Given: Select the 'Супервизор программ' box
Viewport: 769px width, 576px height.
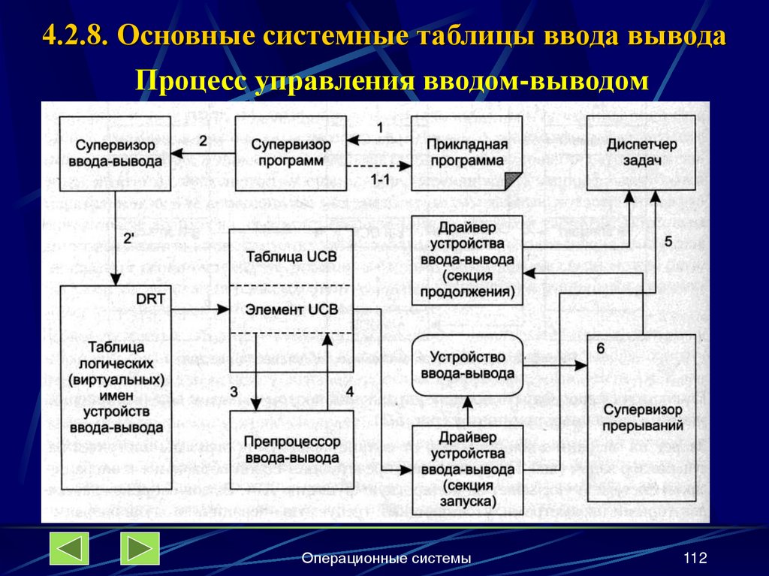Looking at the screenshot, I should (288, 152).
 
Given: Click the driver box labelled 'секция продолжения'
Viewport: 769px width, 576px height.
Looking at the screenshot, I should (467, 259).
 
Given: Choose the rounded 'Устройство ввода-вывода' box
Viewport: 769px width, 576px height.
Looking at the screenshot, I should (467, 365).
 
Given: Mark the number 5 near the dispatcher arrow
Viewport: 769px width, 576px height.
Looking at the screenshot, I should (668, 241).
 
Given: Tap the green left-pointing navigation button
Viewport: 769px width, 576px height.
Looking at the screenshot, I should (69, 548).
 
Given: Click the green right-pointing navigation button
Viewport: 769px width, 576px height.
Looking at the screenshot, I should (140, 548).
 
